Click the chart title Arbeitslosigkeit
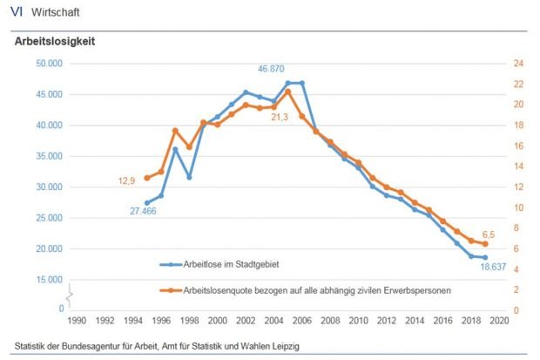[54, 41]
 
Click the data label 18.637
[496, 267]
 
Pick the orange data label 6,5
[489, 234]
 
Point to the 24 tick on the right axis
[517, 64]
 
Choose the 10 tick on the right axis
[517, 207]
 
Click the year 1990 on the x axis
[77, 321]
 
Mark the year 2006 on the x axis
[302, 321]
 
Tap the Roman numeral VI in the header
[17, 12]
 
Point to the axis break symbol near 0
[70, 299]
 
